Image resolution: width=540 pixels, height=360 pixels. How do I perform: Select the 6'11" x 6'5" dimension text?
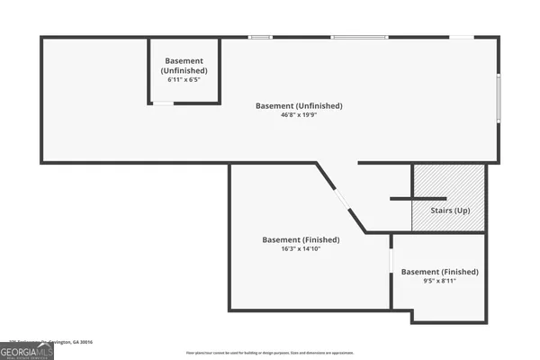tap(184, 80)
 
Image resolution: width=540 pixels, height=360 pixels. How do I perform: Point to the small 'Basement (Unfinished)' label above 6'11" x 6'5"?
tap(184, 65)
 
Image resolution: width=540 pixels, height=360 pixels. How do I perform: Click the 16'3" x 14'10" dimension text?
tap(301, 249)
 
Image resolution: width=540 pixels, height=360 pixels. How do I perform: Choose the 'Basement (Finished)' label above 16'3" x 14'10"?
tap(301, 239)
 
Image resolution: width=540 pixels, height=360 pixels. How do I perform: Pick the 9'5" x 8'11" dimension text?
tap(439, 281)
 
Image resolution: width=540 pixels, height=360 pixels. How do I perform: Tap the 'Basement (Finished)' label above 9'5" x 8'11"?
tap(439, 271)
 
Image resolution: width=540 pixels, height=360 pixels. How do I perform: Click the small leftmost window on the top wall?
tap(260, 37)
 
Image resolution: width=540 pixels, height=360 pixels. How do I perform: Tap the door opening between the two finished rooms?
tap(391, 260)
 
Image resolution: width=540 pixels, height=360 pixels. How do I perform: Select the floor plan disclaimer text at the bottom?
tap(270, 352)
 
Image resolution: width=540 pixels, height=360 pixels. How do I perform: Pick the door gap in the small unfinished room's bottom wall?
tap(162, 103)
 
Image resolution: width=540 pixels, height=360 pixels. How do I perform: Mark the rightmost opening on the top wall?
tap(462, 37)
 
